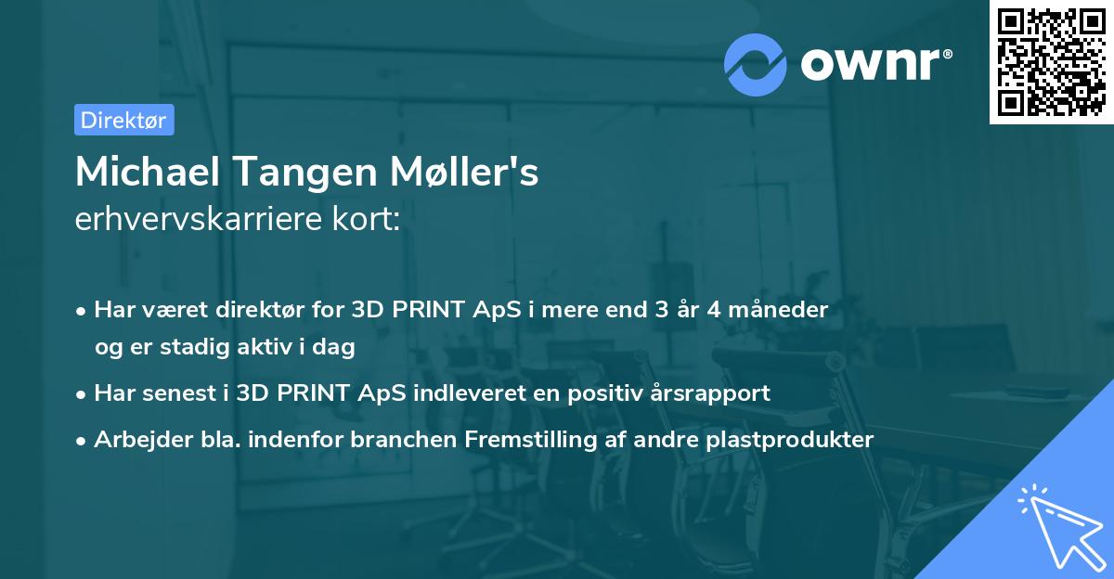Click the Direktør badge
123,120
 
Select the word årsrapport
714,392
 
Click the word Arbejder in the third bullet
136,439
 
